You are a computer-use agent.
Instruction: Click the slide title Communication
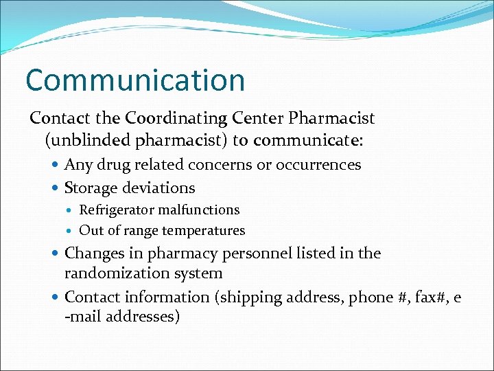coord(135,80)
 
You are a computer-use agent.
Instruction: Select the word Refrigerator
coord(117,210)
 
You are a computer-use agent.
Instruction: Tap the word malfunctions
coord(198,210)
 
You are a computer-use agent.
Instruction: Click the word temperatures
coord(204,231)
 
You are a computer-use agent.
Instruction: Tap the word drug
coord(110,166)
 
